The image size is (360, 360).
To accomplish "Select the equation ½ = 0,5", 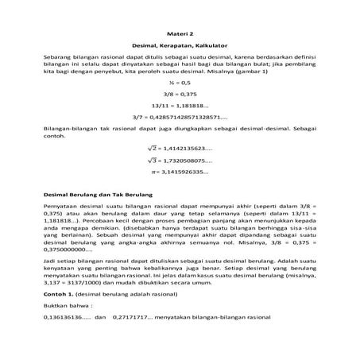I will click(x=180, y=82).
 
